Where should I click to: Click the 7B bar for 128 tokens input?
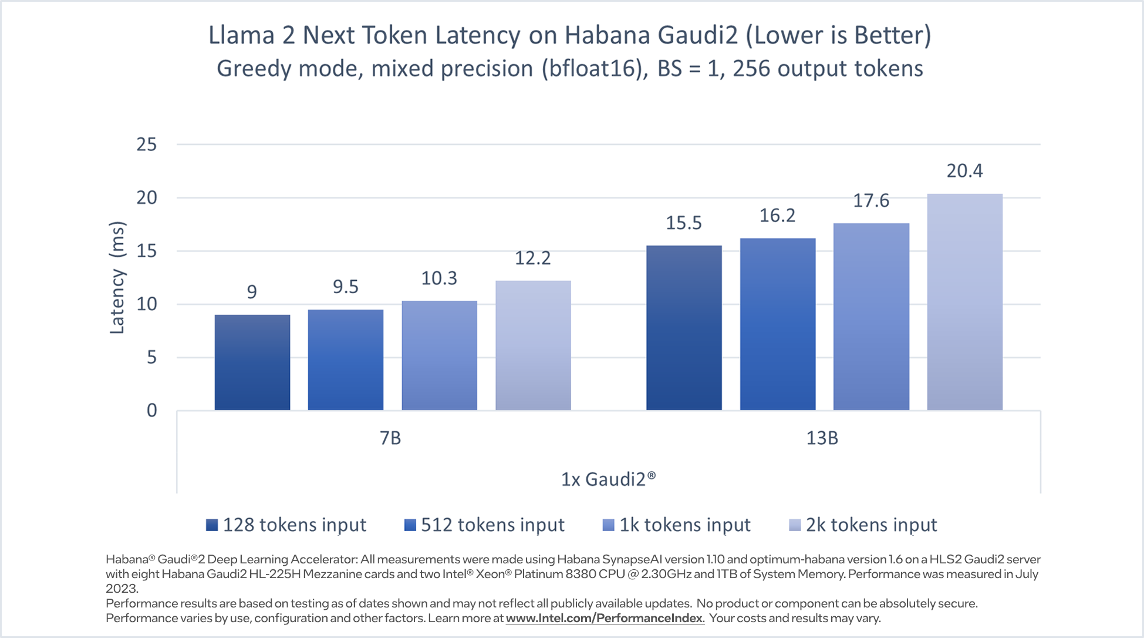coord(252,362)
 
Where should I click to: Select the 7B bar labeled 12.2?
coord(533,345)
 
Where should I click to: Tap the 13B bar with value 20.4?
coord(964,302)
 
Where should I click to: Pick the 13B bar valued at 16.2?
coord(778,324)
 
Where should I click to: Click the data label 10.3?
coord(439,278)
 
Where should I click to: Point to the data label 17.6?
coord(871,201)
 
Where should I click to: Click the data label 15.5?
coord(684,223)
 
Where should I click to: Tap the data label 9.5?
coord(346,287)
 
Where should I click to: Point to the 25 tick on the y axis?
coord(147,145)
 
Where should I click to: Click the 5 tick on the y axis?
coord(151,357)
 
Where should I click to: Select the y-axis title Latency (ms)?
coord(117,277)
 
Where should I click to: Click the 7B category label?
coord(390,438)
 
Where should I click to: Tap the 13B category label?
coord(822,438)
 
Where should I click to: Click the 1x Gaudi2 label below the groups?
coord(608,479)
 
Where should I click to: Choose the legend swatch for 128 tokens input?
coord(212,525)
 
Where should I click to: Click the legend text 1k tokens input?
coord(685,525)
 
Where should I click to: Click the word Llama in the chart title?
coord(241,35)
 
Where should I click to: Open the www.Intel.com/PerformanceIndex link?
coord(605,618)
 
